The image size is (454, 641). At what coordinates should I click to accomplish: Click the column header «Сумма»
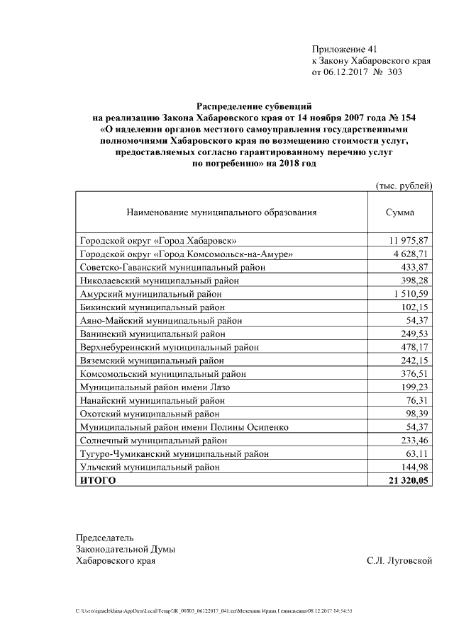400,212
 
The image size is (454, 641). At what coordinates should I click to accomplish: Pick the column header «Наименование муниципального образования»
221,212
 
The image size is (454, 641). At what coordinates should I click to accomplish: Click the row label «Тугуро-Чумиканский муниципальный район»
175,454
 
